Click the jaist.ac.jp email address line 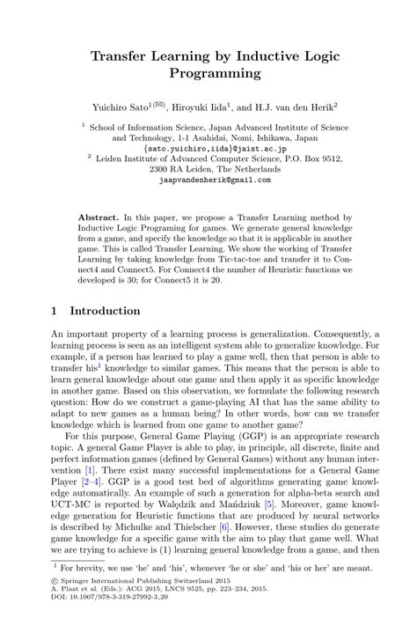click(x=208, y=149)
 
